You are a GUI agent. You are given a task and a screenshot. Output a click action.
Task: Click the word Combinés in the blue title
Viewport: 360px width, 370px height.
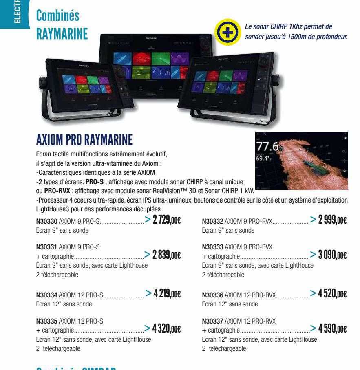click(57, 16)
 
